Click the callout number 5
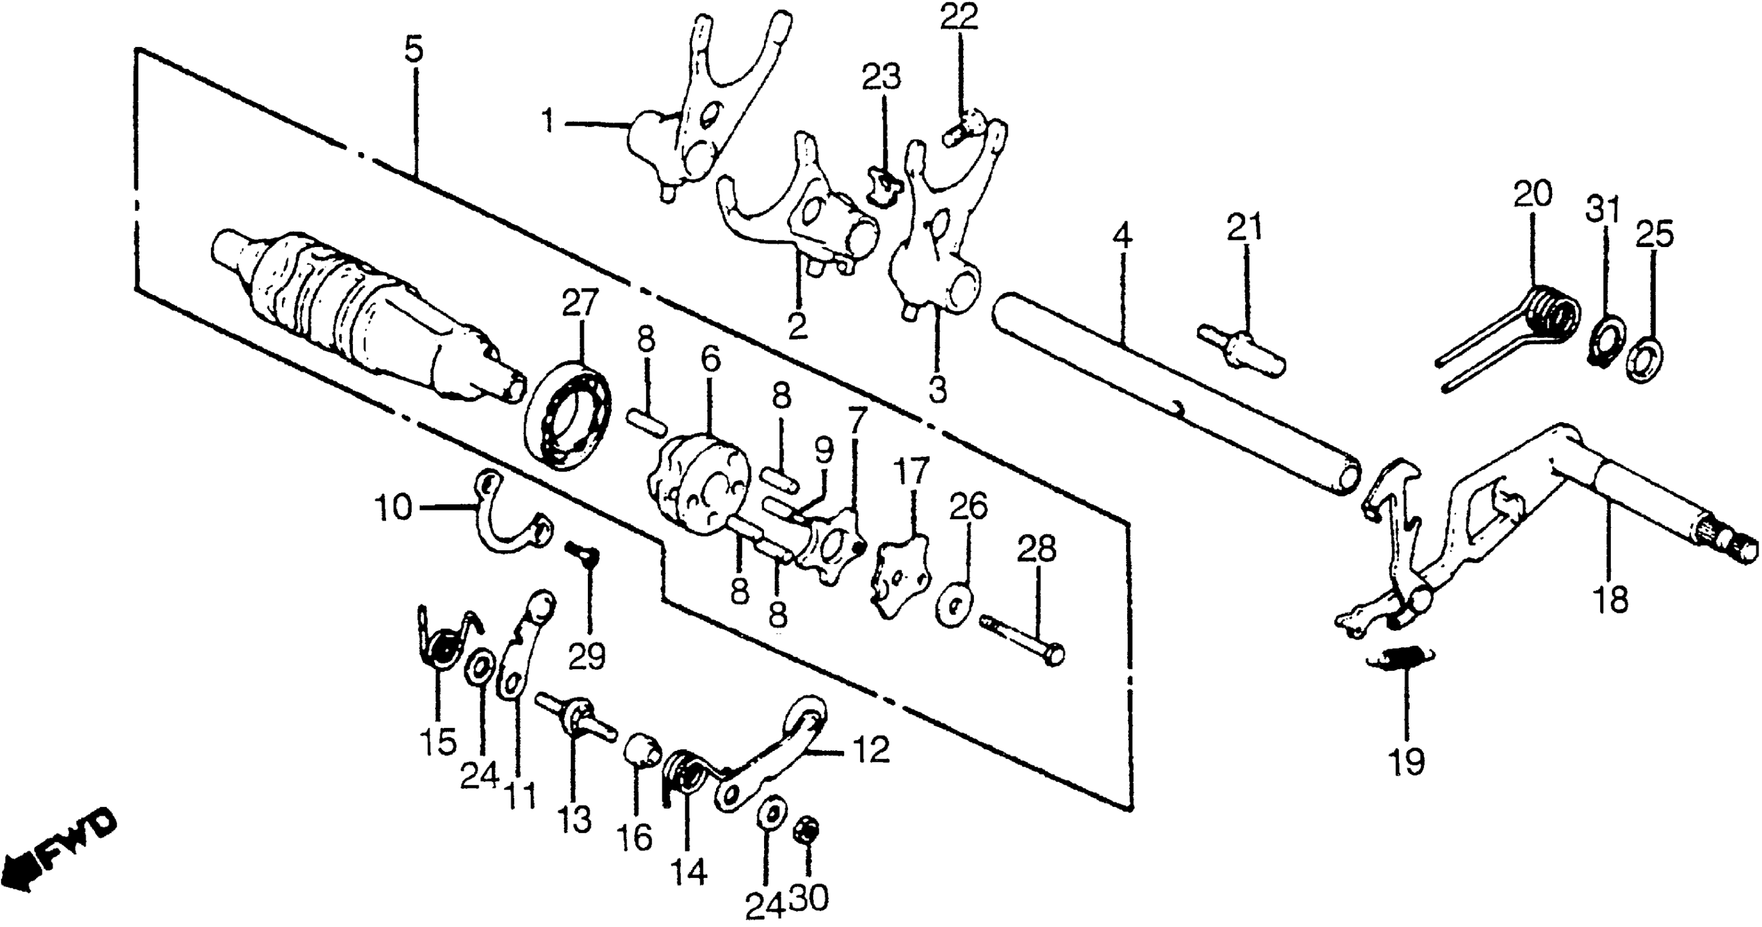[x=413, y=51]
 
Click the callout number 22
[x=958, y=17]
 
